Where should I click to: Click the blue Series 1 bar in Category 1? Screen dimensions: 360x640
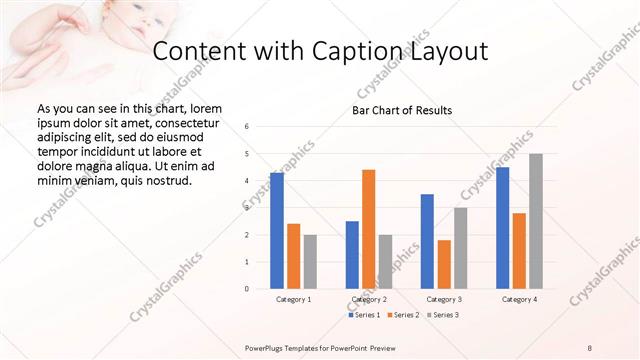(277, 231)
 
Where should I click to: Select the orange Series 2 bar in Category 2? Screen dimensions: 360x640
(368, 229)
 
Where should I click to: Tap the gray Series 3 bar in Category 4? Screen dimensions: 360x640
(536, 221)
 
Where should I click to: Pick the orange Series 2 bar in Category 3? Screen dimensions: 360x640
(444, 264)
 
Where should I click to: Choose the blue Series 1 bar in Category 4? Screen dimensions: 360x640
(502, 228)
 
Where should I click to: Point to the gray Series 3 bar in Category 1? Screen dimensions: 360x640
(310, 262)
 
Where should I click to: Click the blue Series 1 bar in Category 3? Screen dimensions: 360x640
(427, 241)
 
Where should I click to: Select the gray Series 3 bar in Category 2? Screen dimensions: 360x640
(386, 262)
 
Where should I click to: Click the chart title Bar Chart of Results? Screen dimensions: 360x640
(402, 110)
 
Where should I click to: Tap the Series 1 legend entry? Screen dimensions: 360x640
(364, 315)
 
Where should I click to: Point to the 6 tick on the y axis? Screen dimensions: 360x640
(247, 127)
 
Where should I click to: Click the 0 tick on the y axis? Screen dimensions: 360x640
(247, 289)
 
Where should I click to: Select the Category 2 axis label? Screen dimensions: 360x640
(369, 299)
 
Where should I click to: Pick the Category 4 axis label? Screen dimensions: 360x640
(519, 299)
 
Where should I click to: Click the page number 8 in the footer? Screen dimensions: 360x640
(589, 347)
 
